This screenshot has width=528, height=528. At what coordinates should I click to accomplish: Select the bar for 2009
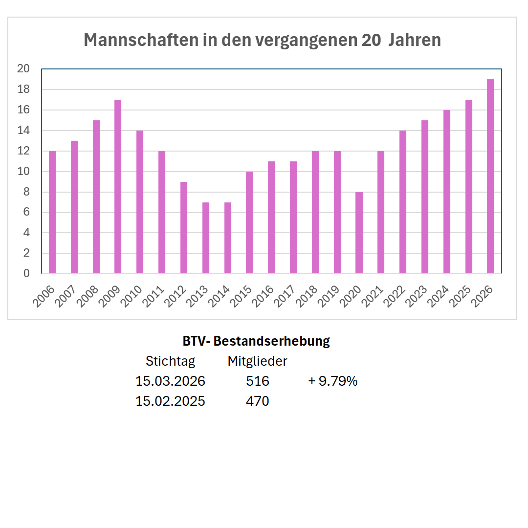118,186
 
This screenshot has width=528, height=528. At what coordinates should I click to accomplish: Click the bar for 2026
490,176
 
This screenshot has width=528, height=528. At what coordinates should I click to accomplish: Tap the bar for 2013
206,238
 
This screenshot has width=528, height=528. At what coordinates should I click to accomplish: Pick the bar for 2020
359,233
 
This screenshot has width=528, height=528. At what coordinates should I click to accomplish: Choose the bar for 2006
52,212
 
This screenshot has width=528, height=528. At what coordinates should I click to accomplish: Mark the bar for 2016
271,217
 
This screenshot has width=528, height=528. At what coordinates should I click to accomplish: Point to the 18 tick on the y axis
23,89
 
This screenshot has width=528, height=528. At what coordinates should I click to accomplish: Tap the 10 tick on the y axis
23,172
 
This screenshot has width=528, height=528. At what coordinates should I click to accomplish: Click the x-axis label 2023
417,296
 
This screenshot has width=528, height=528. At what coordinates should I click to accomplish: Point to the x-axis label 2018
308,296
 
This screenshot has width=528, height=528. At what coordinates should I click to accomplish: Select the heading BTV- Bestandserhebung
256,341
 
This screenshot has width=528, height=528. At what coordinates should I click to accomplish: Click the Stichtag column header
170,361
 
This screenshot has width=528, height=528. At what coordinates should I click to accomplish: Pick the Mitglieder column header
257,361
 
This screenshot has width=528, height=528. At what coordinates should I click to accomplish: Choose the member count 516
258,381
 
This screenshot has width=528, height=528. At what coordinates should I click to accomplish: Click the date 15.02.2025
170,401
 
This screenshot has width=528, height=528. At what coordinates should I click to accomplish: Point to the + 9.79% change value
333,381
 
